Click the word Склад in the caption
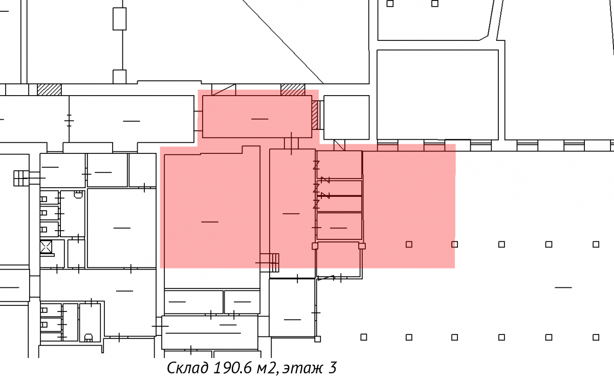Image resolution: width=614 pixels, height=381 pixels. coord(187,368)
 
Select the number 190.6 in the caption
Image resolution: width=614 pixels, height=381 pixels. coord(232,368)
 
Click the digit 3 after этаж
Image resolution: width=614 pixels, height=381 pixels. coord(332,368)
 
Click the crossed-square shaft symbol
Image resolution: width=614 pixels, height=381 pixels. coord(46,247)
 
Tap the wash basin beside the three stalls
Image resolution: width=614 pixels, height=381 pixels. coord(78,194)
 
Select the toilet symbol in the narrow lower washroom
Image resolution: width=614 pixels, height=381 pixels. coord(88,338)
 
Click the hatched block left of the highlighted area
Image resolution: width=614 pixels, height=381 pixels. coord(49,89)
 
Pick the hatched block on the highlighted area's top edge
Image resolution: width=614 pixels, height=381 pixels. coord(293,89)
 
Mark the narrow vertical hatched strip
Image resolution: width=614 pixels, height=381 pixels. coord(315,115)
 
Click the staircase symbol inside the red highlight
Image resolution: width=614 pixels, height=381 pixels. coord(270,263)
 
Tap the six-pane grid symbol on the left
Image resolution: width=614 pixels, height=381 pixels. coord(21,178)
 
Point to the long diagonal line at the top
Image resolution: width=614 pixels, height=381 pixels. coord(283,41)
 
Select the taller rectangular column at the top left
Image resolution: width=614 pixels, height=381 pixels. coord(120,18)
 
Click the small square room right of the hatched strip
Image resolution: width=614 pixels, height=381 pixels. coord(346,117)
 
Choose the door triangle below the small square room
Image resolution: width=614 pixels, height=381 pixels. coord(339,145)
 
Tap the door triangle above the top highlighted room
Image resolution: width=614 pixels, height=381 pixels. coord(224,90)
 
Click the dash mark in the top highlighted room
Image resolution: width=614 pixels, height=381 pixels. coord(260,119)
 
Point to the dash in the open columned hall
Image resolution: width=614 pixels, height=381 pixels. coord(563,287)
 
